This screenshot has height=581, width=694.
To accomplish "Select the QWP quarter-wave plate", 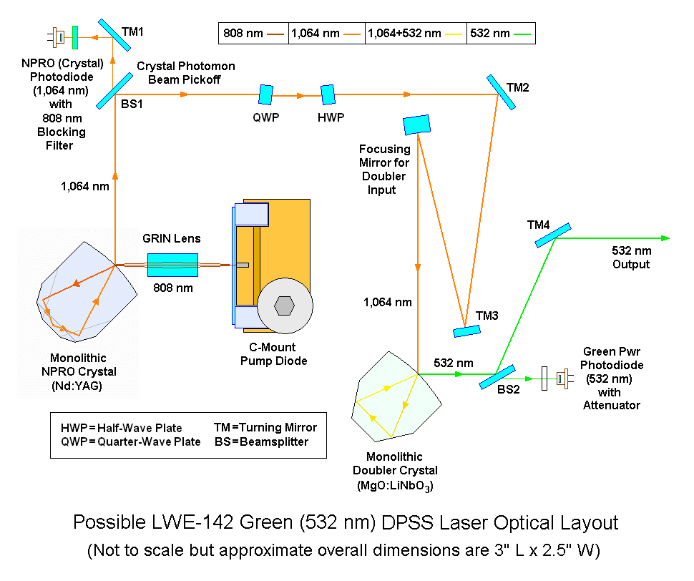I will [x=265, y=94].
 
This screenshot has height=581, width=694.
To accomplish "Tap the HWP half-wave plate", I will [x=328, y=94].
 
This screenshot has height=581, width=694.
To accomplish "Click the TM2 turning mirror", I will [x=500, y=92].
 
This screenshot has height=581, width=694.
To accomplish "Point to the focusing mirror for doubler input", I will [x=416, y=125].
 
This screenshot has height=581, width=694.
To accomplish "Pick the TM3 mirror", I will [x=467, y=331].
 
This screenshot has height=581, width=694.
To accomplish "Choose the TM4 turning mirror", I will [x=552, y=235].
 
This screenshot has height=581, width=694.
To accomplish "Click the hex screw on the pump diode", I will [x=285, y=306].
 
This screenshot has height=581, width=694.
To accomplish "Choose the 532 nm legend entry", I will [x=499, y=33].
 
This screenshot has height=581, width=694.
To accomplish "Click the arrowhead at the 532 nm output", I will [x=666, y=238].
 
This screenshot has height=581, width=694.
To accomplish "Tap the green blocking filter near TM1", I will [x=75, y=33].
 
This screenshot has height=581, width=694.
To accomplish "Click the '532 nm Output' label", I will [x=630, y=258].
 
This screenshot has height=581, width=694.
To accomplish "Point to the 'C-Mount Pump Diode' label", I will [x=273, y=354].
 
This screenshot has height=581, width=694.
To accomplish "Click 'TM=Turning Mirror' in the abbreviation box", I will [x=265, y=427].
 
